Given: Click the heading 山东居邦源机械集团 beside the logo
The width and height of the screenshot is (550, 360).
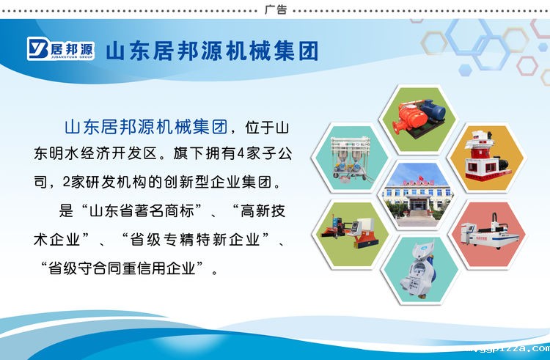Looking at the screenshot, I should click(213, 51).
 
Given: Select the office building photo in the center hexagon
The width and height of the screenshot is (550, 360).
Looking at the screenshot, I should click(418, 194).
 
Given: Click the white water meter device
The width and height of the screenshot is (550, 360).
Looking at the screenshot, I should click(419, 267).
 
